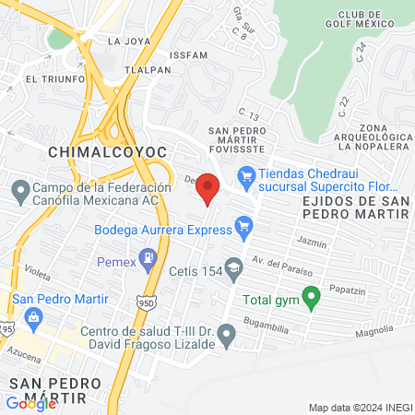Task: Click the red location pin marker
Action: coord(208,188)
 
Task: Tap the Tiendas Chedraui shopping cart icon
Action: coord(246,174)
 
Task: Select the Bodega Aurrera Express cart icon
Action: coord(243,224)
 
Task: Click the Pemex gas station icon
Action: coord(147,256)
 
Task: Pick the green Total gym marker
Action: coord(312,297)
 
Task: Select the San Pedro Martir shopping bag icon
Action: coord(35,319)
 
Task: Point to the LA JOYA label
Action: coord(127,41)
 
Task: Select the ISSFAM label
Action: coord(189,54)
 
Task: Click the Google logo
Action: coord(30,403)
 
